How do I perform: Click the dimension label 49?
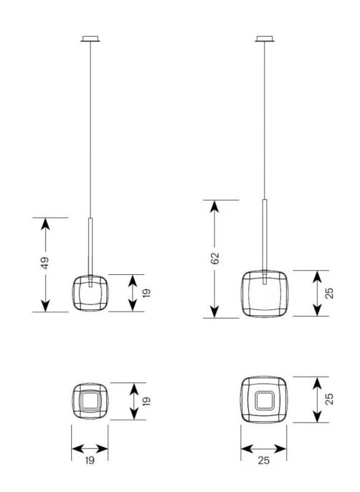click(45, 263)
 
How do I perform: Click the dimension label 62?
click(215, 258)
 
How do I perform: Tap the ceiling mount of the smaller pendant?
click(90, 39)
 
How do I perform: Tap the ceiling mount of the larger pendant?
click(265, 39)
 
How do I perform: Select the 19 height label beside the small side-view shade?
click(146, 293)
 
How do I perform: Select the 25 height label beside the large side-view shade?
click(329, 293)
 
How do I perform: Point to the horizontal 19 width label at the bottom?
click(90, 460)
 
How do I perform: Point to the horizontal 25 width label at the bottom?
click(263, 460)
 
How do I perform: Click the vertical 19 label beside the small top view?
click(146, 401)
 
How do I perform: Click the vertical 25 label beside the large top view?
click(329, 399)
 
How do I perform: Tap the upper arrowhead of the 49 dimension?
click(46, 224)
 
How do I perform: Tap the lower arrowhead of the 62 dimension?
click(215, 311)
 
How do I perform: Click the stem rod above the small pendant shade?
click(90, 247)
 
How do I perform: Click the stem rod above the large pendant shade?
click(265, 235)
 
